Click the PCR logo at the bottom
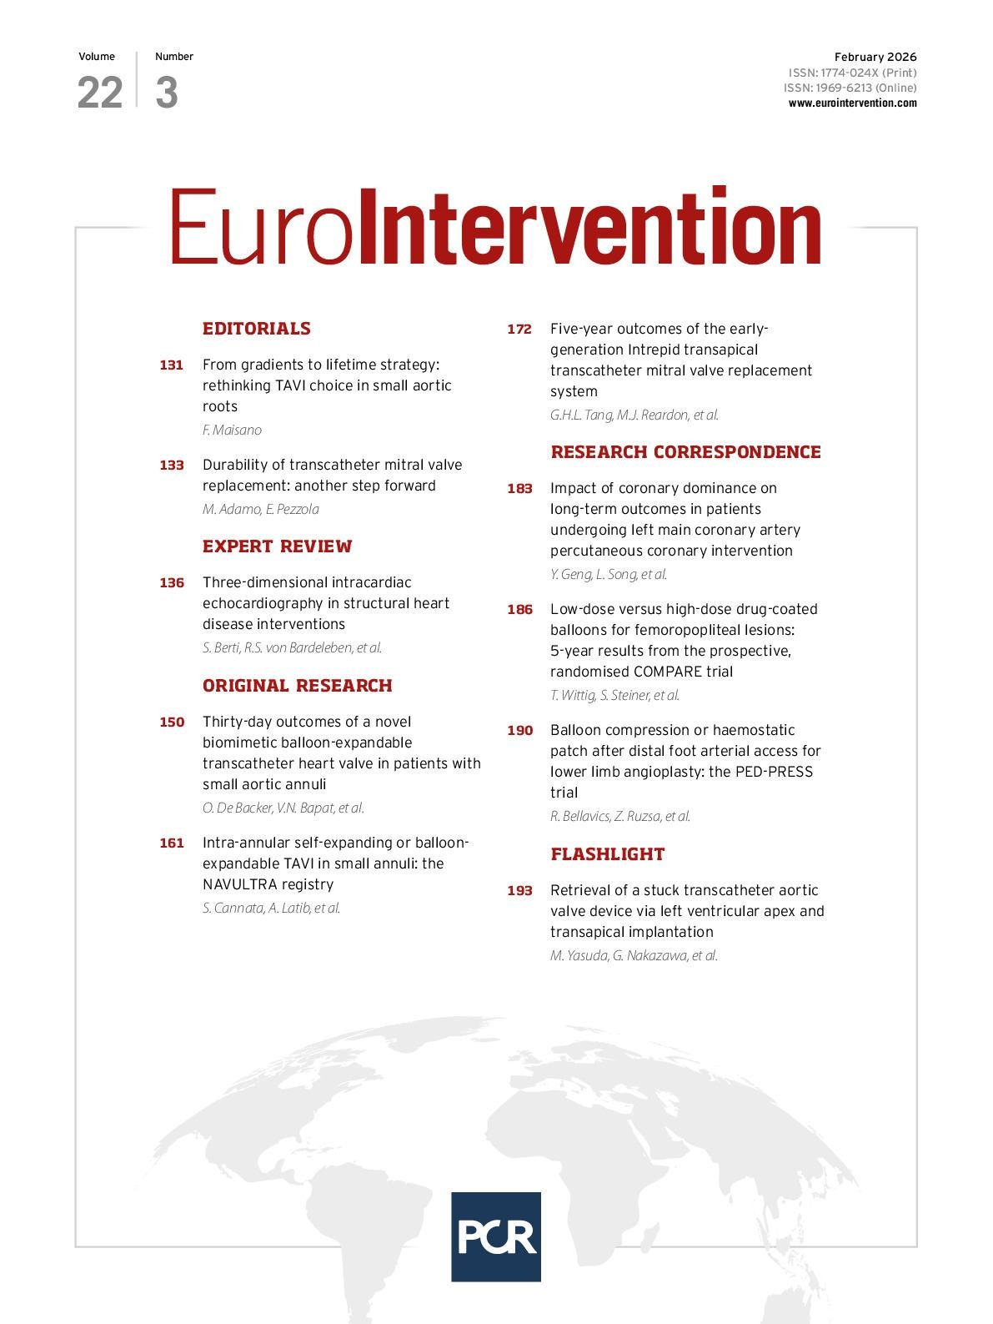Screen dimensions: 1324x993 coord(495,1236)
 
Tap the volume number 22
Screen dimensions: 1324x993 coord(100,93)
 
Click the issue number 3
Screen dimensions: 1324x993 coord(167,93)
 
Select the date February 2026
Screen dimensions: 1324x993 coord(875,57)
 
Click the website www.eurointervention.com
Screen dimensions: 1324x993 coord(852,103)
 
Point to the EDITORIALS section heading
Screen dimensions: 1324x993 coord(256,329)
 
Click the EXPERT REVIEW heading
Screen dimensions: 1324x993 coord(277,546)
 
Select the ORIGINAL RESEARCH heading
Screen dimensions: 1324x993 coord(297,686)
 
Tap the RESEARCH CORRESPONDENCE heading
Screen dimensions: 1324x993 coord(685,452)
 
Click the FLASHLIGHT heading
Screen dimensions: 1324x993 coord(607,854)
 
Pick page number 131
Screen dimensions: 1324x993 coord(171,365)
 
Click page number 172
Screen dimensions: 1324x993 coord(519,329)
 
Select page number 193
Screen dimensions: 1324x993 coord(519,890)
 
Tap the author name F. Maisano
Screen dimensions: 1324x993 coord(232,430)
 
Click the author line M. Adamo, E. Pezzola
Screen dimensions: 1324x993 coord(260,509)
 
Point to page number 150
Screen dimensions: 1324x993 coord(171,722)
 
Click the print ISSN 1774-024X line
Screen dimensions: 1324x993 coord(852,73)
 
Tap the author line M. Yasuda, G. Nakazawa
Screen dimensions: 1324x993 coord(633,955)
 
